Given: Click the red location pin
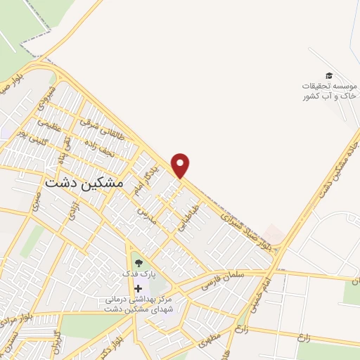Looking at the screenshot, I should [x=181, y=165].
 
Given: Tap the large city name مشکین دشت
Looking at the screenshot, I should [x=84, y=181].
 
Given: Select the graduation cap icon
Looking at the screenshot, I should [x=328, y=75].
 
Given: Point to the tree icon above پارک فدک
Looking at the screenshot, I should [x=137, y=262].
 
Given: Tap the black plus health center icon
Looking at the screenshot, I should [x=138, y=288].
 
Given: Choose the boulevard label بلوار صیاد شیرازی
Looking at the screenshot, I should [x=236, y=219].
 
